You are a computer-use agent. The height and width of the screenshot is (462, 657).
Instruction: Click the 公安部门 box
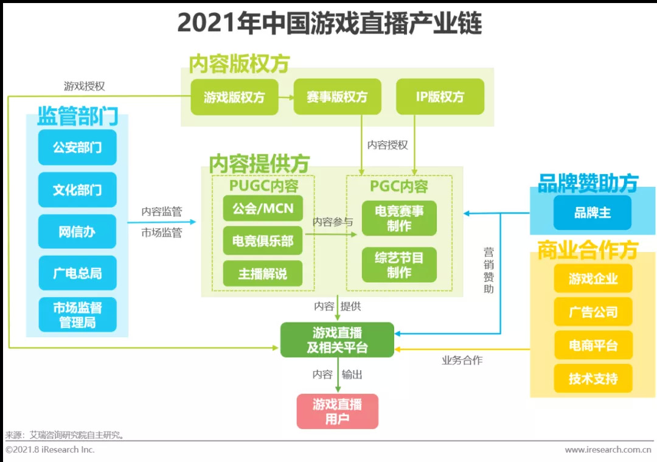[77, 147]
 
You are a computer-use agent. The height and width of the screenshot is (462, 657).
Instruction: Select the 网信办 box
[77, 232]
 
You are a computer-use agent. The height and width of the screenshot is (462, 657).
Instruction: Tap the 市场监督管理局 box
[77, 315]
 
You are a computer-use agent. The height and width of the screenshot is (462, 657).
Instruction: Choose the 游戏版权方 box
[234, 97]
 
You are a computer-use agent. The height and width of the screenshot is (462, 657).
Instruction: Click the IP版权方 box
[440, 97]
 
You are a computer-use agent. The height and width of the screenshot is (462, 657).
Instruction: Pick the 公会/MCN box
[263, 209]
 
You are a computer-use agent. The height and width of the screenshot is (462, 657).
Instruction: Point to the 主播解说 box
[263, 273]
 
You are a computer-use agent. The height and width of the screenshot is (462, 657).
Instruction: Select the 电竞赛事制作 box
[399, 219]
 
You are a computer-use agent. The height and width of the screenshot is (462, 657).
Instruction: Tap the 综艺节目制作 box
[399, 265]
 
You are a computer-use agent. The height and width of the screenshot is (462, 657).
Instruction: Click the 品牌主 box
[593, 213]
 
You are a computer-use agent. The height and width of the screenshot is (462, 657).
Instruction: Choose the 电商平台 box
[593, 346]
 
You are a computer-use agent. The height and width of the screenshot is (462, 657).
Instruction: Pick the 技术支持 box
[593, 379]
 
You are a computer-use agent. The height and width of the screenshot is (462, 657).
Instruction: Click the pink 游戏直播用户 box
[337, 411]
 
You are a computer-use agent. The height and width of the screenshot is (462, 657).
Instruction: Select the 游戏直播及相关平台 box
[337, 340]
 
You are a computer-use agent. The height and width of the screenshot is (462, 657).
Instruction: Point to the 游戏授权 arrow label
[85, 86]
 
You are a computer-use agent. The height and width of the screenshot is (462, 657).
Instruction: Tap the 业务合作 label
[462, 360]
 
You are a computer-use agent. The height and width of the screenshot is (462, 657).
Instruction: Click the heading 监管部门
[77, 116]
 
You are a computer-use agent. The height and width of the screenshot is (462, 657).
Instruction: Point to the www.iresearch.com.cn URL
[608, 450]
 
